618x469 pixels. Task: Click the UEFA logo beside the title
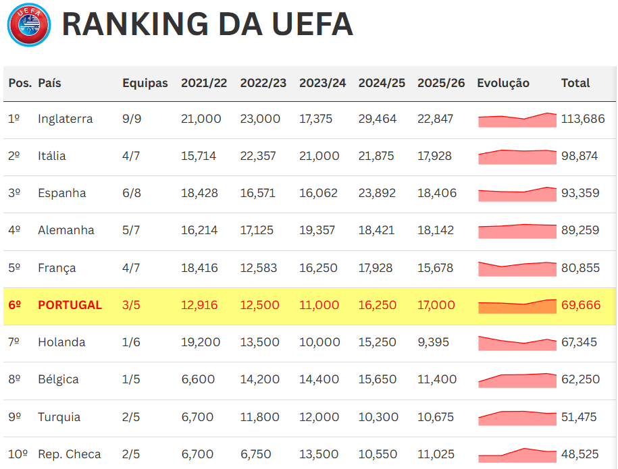point(29,25)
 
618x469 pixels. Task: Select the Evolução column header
point(503,83)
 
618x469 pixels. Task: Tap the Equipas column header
point(145,83)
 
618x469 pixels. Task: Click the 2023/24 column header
point(323,83)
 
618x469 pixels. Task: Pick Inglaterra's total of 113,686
point(583,119)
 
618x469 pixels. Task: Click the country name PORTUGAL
point(70,305)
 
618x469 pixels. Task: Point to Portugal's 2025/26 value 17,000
point(436,305)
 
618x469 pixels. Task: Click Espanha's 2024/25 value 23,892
point(382,193)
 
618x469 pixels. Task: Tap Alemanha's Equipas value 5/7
point(131,230)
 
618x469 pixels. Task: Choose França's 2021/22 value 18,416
point(201,268)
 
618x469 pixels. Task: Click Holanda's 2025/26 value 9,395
point(434,342)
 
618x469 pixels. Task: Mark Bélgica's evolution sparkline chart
point(517,380)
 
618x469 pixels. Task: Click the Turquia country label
point(59,417)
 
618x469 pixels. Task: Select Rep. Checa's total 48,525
point(579,454)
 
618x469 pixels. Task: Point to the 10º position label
point(18,454)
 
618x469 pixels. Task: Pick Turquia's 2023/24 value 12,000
point(319,417)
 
